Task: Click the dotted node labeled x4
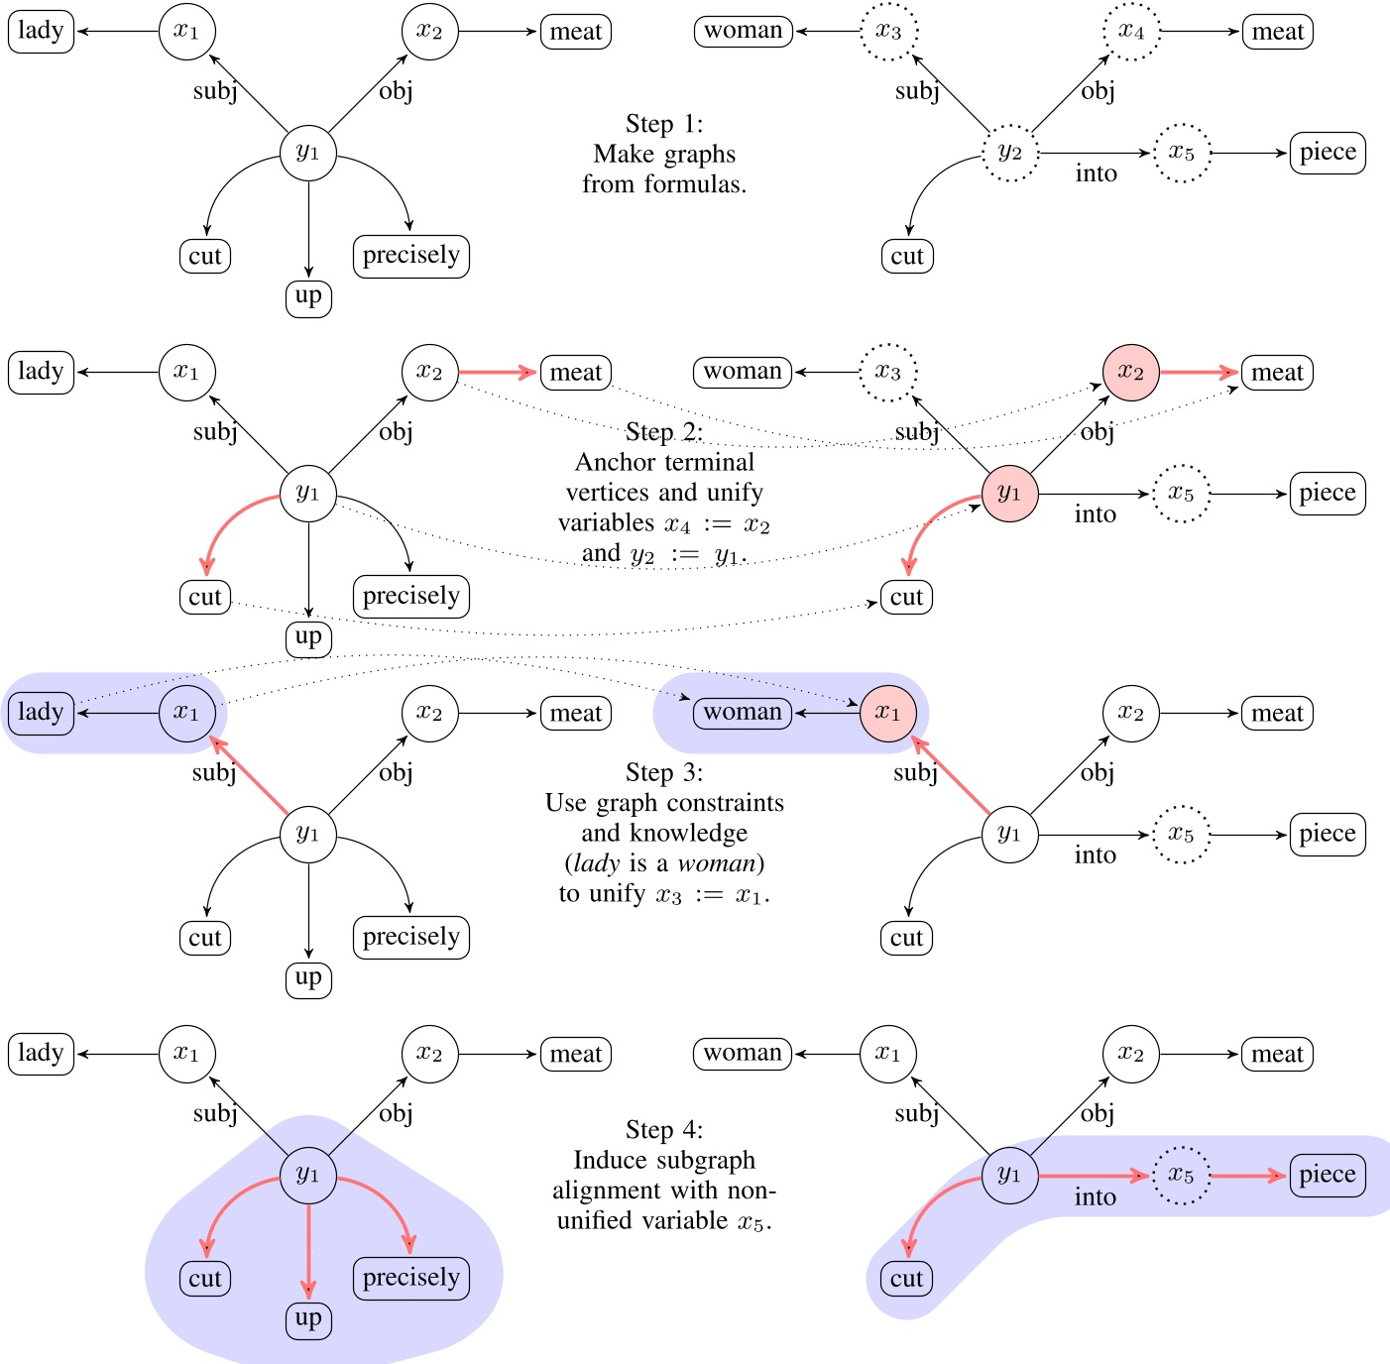click(1131, 32)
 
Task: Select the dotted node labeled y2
click(1009, 154)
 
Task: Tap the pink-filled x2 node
click(1131, 373)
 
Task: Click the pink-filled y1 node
click(1009, 494)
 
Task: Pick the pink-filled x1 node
click(888, 714)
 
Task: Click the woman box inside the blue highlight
click(743, 714)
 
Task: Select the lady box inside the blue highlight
click(41, 714)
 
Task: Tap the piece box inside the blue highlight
click(1327, 1176)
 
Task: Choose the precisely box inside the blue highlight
click(410, 1279)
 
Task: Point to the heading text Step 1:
click(664, 124)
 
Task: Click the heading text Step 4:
click(664, 1130)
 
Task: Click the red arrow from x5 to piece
click(1248, 1177)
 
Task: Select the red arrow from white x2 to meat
click(498, 373)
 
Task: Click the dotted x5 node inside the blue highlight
click(1181, 1176)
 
